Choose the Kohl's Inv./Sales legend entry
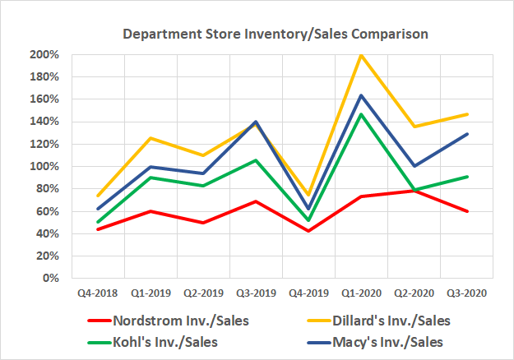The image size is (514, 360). pyautogui.click(x=156, y=342)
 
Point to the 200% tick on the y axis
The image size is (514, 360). pyautogui.click(x=44, y=55)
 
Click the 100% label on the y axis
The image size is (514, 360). pyautogui.click(x=44, y=167)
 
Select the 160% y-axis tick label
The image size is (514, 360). pyautogui.click(x=44, y=99)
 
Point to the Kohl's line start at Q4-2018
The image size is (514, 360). pyautogui.click(x=98, y=222)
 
